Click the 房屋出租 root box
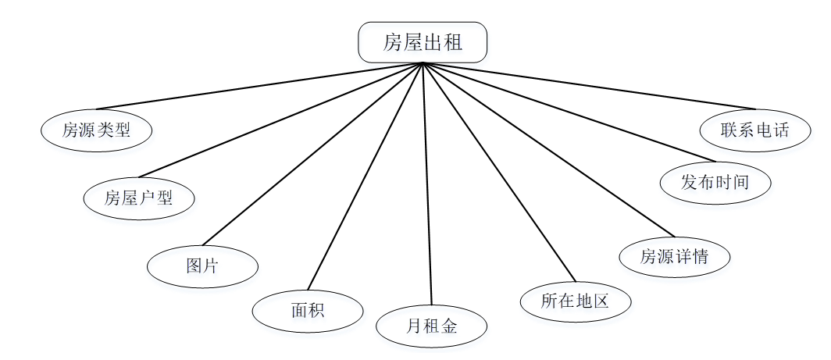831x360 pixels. (423, 42)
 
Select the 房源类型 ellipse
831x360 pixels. (96, 130)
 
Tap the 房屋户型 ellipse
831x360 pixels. (139, 198)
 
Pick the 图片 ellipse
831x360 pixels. (202, 266)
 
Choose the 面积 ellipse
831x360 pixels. (307, 311)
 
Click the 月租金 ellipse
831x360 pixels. (431, 326)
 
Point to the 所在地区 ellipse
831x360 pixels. (575, 301)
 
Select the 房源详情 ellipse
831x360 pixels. (674, 256)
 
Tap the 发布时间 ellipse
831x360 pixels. (715, 183)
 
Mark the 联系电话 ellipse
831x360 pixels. (755, 130)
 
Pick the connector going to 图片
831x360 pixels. (312, 154)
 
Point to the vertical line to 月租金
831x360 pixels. (426, 184)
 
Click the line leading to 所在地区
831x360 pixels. (498, 172)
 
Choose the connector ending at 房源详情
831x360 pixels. (547, 148)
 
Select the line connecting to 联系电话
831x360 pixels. (589, 86)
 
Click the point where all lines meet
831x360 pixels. (423, 63)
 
